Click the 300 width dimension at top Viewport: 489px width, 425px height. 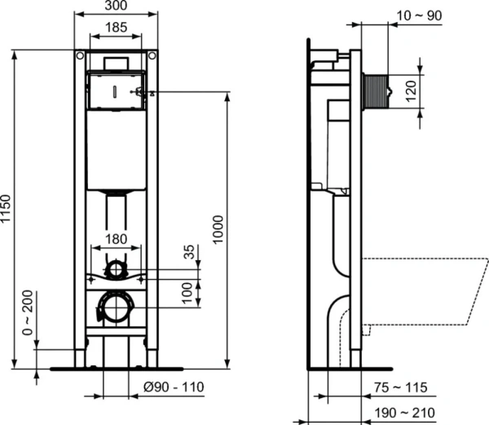[x=116, y=7]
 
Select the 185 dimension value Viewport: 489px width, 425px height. [x=116, y=29]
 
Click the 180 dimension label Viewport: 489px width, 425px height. [x=117, y=240]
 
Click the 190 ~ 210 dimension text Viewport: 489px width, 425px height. [x=406, y=413]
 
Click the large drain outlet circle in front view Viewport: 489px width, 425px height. [x=115, y=306]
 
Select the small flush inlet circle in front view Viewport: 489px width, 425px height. [x=117, y=268]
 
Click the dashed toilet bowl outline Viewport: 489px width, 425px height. [x=424, y=290]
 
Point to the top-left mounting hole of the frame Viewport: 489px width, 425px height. [x=80, y=56]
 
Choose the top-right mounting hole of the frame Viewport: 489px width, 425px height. [x=151, y=56]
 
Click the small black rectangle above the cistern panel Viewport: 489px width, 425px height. [x=116, y=63]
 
